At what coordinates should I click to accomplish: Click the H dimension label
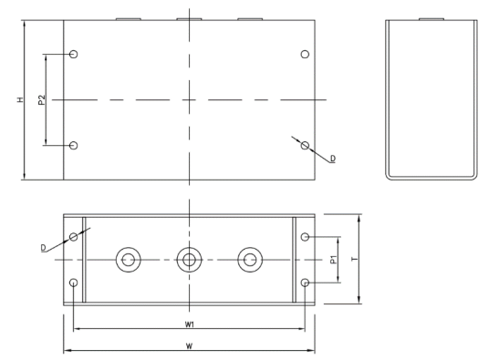(x=20, y=99)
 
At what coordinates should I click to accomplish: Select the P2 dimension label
(x=42, y=100)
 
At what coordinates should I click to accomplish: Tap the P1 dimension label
(x=334, y=260)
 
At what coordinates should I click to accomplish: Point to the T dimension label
(x=355, y=259)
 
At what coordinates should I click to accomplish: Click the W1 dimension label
(x=190, y=324)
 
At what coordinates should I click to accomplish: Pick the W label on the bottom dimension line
(x=189, y=346)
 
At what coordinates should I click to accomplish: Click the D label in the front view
(x=333, y=159)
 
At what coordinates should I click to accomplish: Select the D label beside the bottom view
(x=43, y=248)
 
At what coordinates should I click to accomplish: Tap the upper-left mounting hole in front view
(x=74, y=54)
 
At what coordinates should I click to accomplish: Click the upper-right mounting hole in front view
(x=305, y=54)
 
